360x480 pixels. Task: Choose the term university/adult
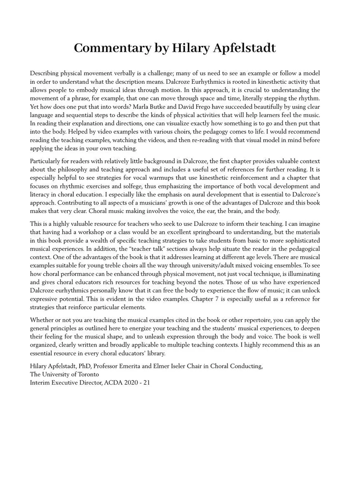[224, 265]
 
